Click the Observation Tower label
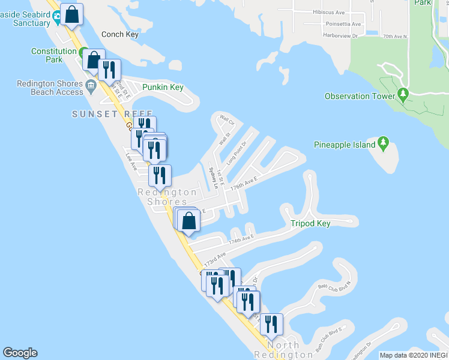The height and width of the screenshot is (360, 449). pyautogui.click(x=360, y=96)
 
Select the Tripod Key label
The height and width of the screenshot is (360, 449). pyautogui.click(x=310, y=224)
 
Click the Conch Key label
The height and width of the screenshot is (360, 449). pyautogui.click(x=120, y=34)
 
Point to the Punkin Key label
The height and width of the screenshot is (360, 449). pyautogui.click(x=163, y=88)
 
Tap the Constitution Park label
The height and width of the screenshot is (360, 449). pyautogui.click(x=54, y=56)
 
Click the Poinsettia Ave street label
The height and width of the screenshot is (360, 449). pyautogui.click(x=340, y=25)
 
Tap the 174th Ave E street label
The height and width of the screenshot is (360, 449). pyautogui.click(x=241, y=240)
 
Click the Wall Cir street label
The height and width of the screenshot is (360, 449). pyautogui.click(x=227, y=120)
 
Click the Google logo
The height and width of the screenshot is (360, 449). pyautogui.click(x=20, y=353)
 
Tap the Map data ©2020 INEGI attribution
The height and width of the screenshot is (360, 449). pyautogui.click(x=414, y=355)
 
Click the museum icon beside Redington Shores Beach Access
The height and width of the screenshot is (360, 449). pyautogui.click(x=91, y=85)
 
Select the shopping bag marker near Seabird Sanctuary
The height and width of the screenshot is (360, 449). pyautogui.click(x=71, y=16)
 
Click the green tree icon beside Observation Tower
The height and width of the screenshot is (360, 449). pyautogui.click(x=403, y=95)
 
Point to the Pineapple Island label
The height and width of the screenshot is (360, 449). pyautogui.click(x=345, y=145)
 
